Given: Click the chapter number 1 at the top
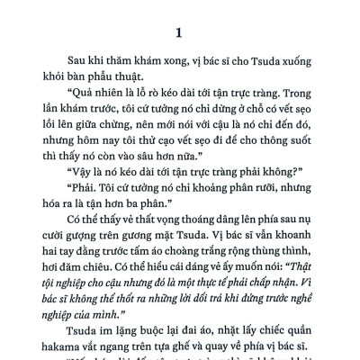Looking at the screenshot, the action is pos(180,34).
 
